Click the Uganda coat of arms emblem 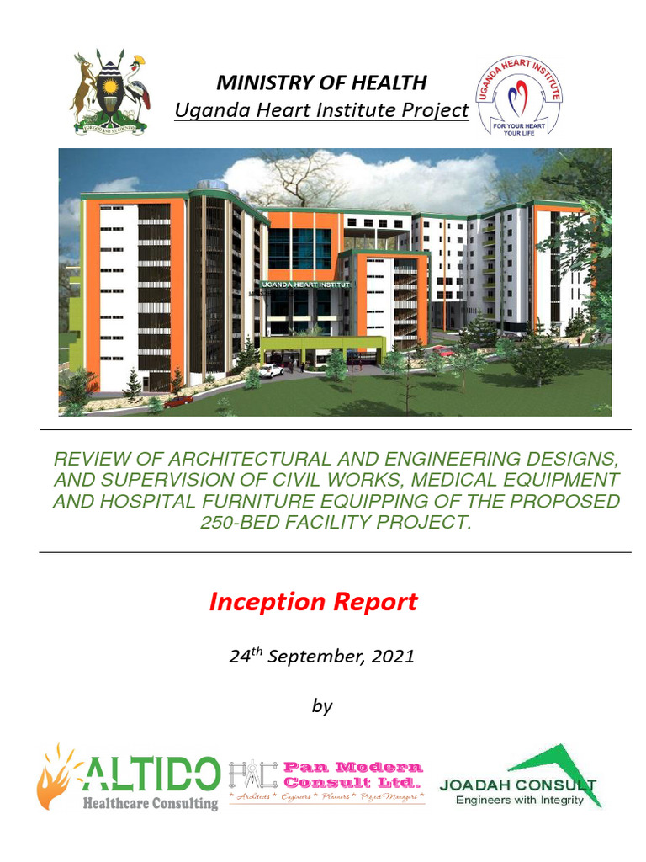pos(109,92)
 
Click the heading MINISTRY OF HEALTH pos(321,82)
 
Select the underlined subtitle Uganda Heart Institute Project pos(321,110)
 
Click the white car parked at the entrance pos(271,370)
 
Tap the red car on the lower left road pos(178,401)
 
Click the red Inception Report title pos(313,602)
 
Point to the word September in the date pos(320,657)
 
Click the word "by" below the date pos(322,705)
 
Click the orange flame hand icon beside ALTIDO pos(56,776)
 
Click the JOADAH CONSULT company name pos(517,785)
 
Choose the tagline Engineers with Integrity pos(519,801)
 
